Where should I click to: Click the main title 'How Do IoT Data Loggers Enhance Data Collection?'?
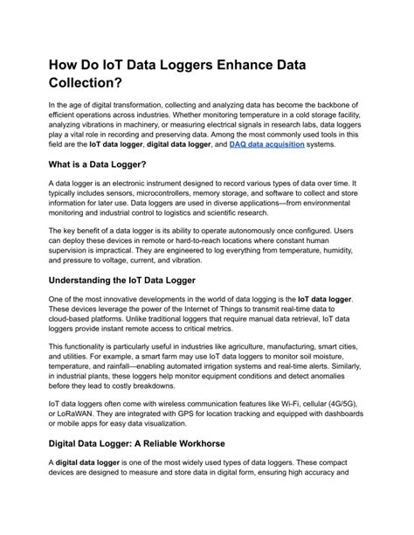192,73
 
